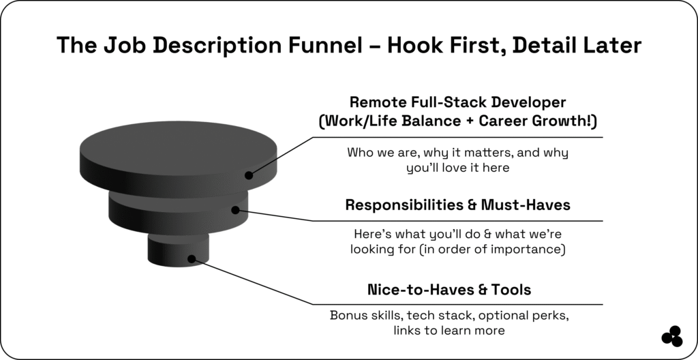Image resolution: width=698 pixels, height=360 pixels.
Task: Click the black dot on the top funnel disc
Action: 249,175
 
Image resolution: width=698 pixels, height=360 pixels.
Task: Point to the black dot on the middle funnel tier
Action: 235,210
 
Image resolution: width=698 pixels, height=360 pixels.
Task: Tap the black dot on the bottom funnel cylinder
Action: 192,259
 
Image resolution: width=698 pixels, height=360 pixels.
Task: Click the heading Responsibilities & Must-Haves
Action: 457,205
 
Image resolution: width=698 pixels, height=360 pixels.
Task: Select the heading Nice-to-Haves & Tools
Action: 449,290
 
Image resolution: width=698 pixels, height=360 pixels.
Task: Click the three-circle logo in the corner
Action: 672,336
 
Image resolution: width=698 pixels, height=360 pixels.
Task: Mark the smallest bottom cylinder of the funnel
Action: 178,250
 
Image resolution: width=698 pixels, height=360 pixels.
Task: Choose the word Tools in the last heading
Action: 511,290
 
